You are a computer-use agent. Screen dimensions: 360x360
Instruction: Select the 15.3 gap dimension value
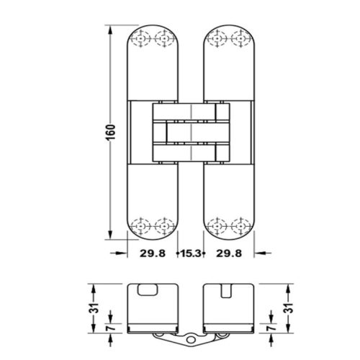point(192,253)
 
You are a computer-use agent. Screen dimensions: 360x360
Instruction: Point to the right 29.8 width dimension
point(230,253)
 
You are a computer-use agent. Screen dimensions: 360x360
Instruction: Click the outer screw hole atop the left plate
point(143,40)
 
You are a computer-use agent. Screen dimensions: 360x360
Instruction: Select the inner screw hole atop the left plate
point(166,40)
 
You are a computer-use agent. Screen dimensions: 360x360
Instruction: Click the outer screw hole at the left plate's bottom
point(143,225)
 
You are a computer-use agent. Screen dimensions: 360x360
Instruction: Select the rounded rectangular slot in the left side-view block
point(149,289)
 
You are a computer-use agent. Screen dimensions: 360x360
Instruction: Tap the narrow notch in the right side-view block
point(229,290)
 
